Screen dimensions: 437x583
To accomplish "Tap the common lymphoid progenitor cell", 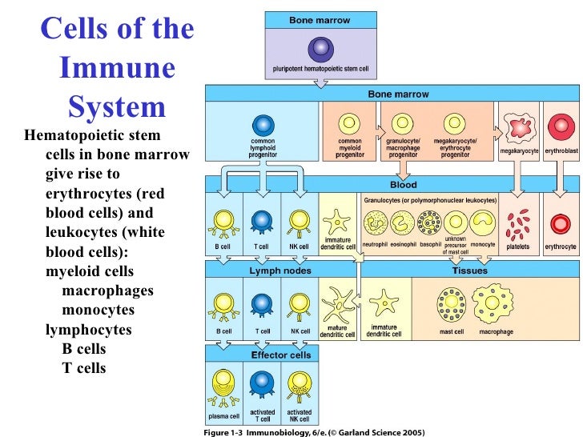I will (263, 126).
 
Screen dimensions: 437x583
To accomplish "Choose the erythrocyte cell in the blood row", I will (560, 224).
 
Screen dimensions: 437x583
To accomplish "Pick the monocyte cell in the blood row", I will (483, 222).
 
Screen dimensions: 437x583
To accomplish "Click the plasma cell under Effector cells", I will (223, 387).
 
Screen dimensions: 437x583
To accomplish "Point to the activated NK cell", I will (300, 386).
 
